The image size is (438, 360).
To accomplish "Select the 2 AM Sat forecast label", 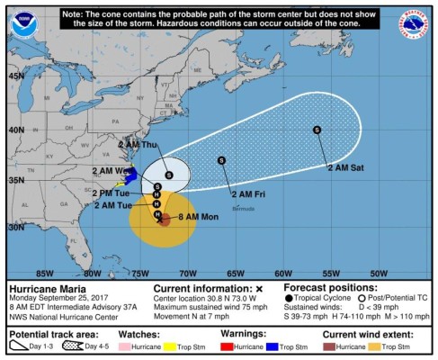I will tap(344, 167).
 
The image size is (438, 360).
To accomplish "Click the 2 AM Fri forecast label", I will tap(247, 193).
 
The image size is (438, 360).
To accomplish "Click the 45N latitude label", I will tap(16, 76).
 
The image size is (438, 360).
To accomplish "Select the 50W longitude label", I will tap(379, 273).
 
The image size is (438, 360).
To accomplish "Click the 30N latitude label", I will tap(16, 227).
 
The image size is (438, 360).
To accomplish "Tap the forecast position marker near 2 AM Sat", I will tap(317, 130).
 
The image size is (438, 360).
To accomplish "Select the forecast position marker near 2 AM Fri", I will tap(221, 160).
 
